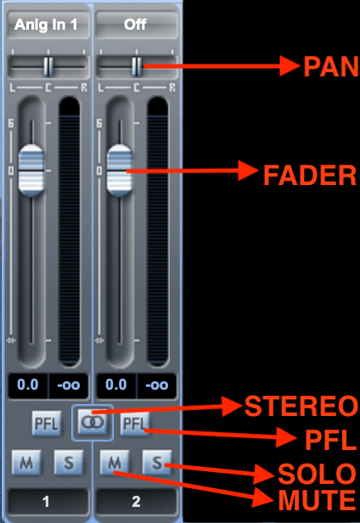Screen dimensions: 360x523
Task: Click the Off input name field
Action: [136, 25]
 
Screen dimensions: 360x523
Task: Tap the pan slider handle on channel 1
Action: [48, 66]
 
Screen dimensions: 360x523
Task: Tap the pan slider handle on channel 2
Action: [137, 66]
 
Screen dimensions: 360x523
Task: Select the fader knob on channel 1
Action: [31, 171]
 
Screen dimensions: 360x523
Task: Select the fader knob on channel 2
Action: [120, 171]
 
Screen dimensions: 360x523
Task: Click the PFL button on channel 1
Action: [47, 424]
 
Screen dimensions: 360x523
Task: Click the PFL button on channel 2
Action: [135, 424]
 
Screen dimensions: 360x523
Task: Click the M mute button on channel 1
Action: [26, 462]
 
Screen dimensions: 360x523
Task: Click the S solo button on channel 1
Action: [69, 462]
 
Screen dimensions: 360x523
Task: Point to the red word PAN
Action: [331, 67]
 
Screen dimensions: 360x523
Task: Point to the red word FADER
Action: [310, 175]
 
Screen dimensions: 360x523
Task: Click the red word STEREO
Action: [301, 406]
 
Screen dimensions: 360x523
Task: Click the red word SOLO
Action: [317, 474]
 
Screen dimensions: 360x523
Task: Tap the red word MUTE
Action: [317, 500]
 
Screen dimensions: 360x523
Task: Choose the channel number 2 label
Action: [136, 502]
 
